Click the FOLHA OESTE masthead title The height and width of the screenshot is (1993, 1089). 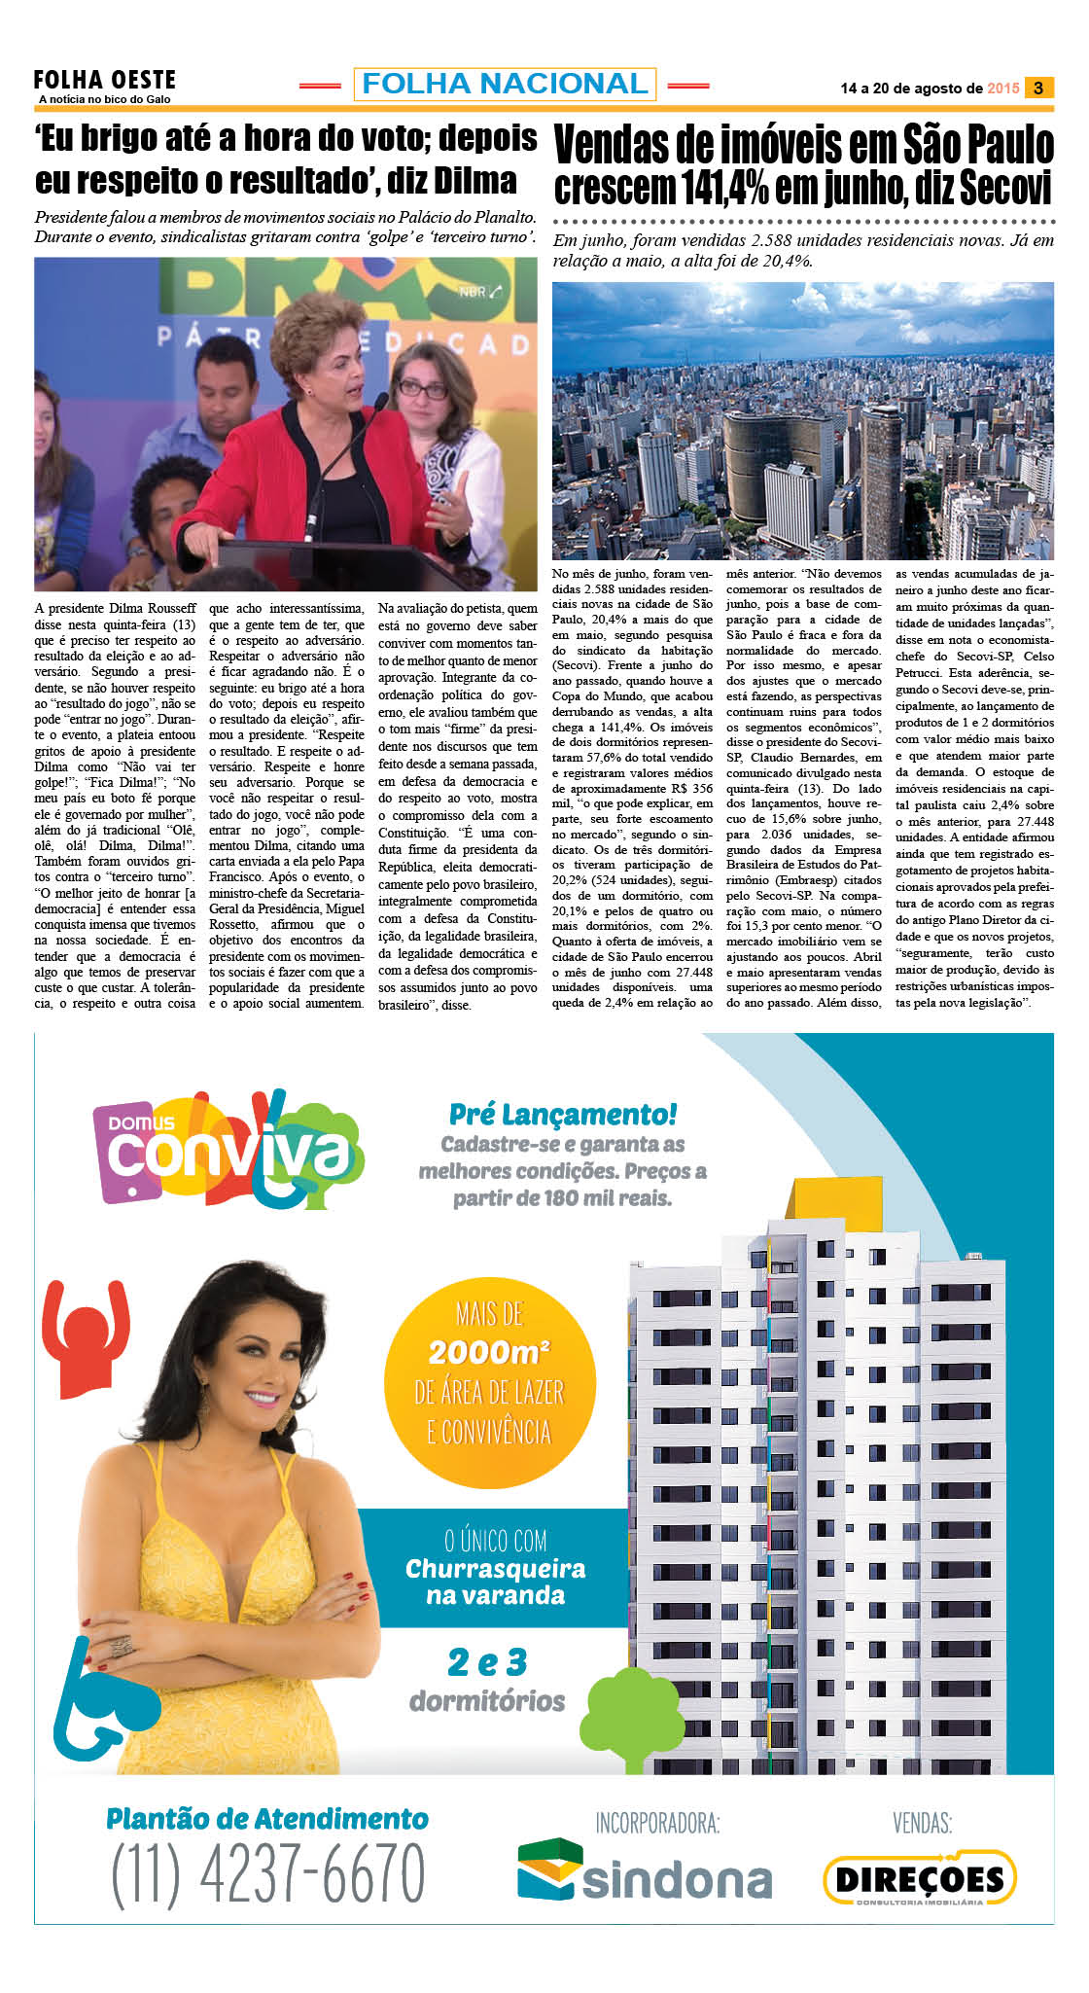click(104, 80)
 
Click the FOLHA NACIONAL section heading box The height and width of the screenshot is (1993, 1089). click(505, 84)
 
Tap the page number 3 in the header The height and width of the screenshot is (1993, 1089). click(1038, 88)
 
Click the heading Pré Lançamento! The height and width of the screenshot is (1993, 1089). click(563, 1114)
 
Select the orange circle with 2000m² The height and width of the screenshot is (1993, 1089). click(489, 1372)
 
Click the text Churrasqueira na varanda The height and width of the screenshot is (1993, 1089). click(496, 1583)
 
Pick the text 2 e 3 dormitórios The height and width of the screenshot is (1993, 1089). click(487, 1681)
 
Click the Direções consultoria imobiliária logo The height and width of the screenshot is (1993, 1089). click(920, 1878)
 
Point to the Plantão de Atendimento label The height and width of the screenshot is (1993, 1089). click(267, 1819)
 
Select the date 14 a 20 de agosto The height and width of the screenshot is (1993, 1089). click(911, 89)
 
